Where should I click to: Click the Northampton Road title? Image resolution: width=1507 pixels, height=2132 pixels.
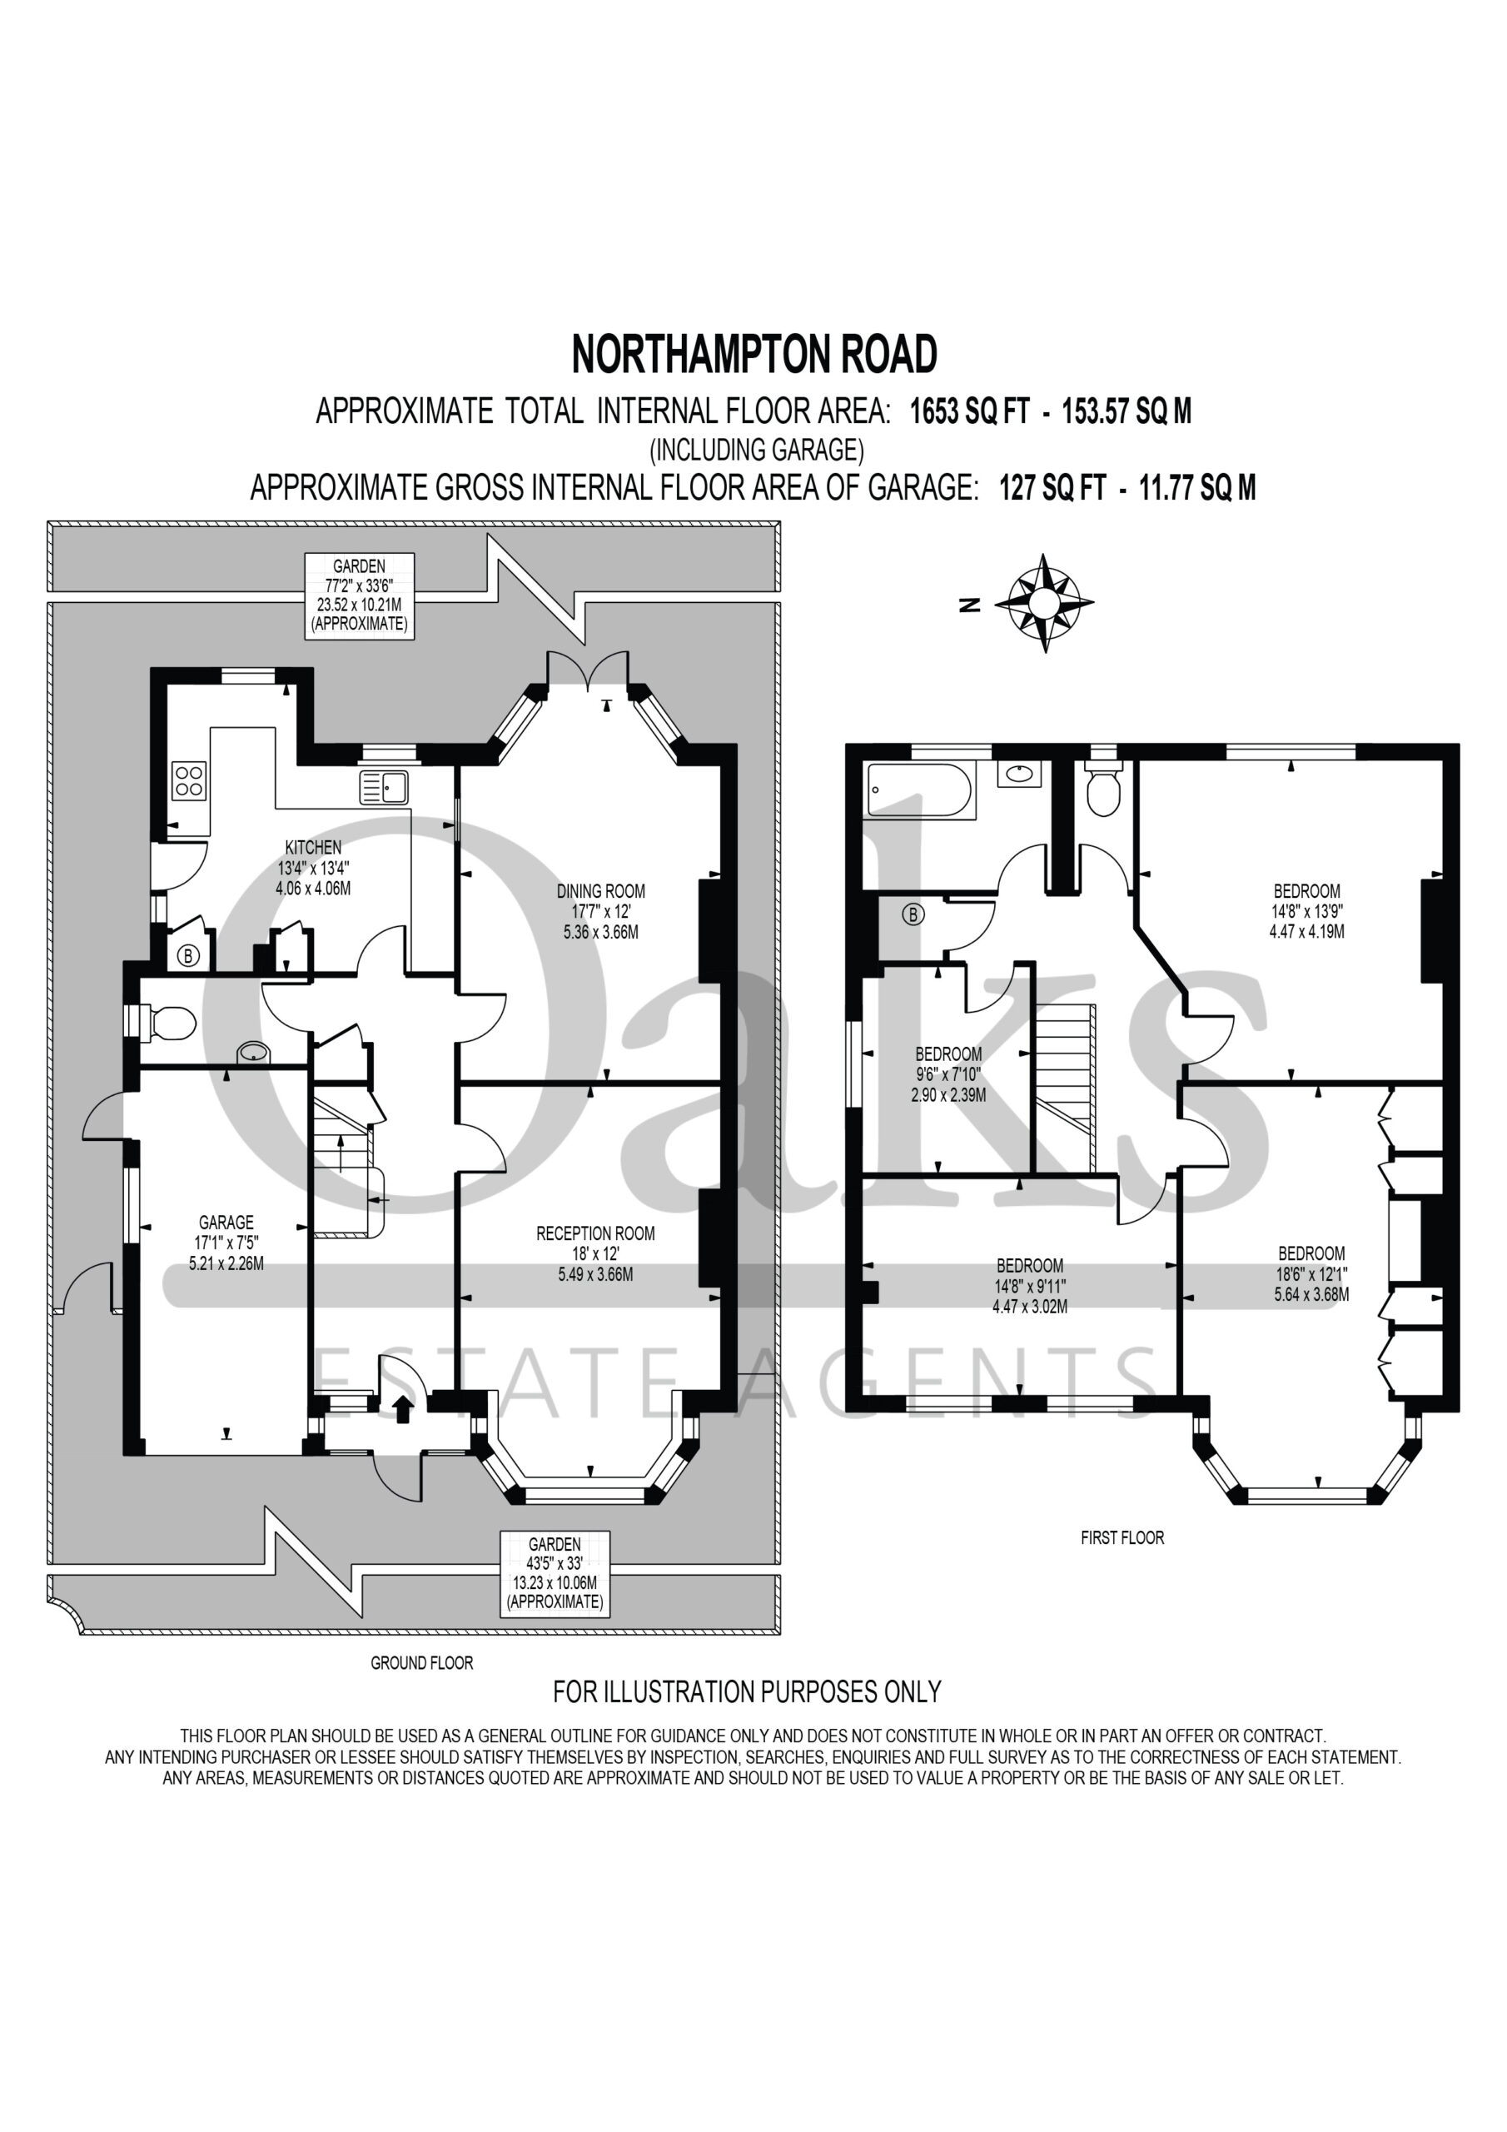tap(754, 355)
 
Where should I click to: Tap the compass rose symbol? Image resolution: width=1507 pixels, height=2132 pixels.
tap(1044, 604)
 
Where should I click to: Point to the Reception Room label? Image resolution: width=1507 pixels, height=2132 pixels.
tap(595, 1253)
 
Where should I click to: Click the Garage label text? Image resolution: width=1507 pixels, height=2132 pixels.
tap(226, 1243)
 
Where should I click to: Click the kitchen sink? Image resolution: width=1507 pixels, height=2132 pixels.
tap(384, 788)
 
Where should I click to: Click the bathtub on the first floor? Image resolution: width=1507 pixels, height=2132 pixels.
tap(919, 790)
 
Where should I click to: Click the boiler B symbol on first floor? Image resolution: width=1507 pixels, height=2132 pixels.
tap(913, 914)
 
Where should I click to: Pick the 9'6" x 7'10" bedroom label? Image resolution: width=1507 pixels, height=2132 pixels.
tap(948, 1074)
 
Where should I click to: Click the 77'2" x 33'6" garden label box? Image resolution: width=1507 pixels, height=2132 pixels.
tap(360, 595)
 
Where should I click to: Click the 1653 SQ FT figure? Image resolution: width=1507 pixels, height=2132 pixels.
tap(969, 411)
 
